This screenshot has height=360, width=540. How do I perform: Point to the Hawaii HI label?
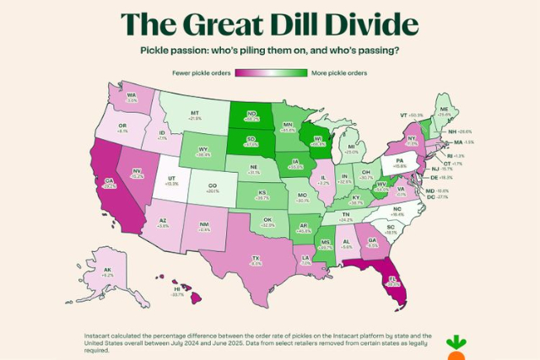177,288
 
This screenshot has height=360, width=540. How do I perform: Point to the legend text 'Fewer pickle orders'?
202,73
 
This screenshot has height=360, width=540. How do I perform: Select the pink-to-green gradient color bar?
270,73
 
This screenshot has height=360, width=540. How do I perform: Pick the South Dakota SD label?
251,141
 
